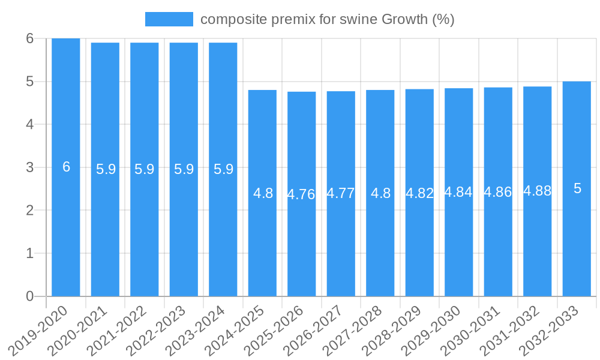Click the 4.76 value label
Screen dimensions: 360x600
coord(301,194)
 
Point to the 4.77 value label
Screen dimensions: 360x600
coord(341,193)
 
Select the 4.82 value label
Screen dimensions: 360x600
coord(419,193)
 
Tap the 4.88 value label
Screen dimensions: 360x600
coord(538,191)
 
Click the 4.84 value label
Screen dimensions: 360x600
coord(458,192)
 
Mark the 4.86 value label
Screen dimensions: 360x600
coord(498,192)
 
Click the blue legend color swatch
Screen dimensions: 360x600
coord(169,19)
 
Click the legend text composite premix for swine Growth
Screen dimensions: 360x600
coord(328,19)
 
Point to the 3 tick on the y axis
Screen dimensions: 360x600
coord(30,167)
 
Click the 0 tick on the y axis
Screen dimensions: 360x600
coord(30,296)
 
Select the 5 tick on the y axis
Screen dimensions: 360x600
coord(30,82)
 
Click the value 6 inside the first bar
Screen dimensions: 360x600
coord(66,167)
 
